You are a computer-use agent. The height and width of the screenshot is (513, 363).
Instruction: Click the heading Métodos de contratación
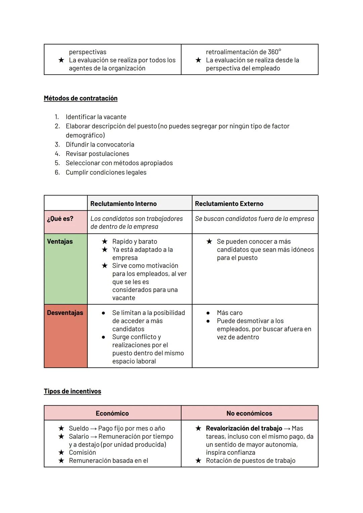[81, 98]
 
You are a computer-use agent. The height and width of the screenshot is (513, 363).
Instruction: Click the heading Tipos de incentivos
[72, 391]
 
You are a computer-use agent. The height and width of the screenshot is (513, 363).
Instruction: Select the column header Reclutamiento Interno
[123, 204]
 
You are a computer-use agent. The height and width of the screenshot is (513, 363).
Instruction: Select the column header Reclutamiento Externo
[229, 204]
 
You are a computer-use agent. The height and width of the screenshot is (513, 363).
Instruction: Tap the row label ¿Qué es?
[60, 219]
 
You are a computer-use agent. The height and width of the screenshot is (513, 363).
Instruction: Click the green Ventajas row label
[60, 242]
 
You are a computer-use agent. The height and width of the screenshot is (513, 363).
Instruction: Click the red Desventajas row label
[65, 313]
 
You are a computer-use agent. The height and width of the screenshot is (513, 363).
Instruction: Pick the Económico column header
[112, 413]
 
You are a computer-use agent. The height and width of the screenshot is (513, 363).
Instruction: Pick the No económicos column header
[249, 413]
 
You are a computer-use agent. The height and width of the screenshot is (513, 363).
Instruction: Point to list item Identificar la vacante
[96, 117]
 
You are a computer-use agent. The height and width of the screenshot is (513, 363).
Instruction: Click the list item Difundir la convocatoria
[100, 145]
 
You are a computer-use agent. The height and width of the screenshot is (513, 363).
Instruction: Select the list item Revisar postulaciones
[97, 154]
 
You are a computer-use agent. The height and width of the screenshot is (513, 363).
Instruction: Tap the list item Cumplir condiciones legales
[106, 172]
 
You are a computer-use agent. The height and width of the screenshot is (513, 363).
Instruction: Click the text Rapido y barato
[134, 242]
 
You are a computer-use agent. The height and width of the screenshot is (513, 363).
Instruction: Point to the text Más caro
[230, 313]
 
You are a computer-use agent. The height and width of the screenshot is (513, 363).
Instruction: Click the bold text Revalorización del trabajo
[244, 428]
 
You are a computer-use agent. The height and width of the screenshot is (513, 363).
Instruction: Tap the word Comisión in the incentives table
[82, 452]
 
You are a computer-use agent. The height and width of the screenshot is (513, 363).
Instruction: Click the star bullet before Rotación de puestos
[198, 461]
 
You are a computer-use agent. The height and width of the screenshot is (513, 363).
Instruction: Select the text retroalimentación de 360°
[243, 52]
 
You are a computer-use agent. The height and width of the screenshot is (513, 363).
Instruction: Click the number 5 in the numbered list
[57, 163]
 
